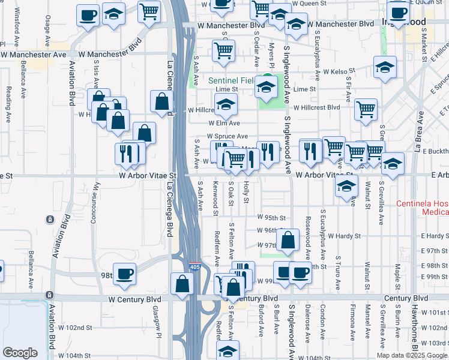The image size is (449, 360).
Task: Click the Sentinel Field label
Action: click(232, 80)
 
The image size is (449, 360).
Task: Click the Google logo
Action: click(20, 353)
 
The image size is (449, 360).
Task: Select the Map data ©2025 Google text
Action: click(411, 355)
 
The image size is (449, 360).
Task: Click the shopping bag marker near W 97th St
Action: click(288, 239)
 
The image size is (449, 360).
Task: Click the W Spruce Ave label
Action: click(228, 136)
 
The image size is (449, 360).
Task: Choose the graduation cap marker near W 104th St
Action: click(228, 351)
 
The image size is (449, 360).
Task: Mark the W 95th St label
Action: click(272, 217)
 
